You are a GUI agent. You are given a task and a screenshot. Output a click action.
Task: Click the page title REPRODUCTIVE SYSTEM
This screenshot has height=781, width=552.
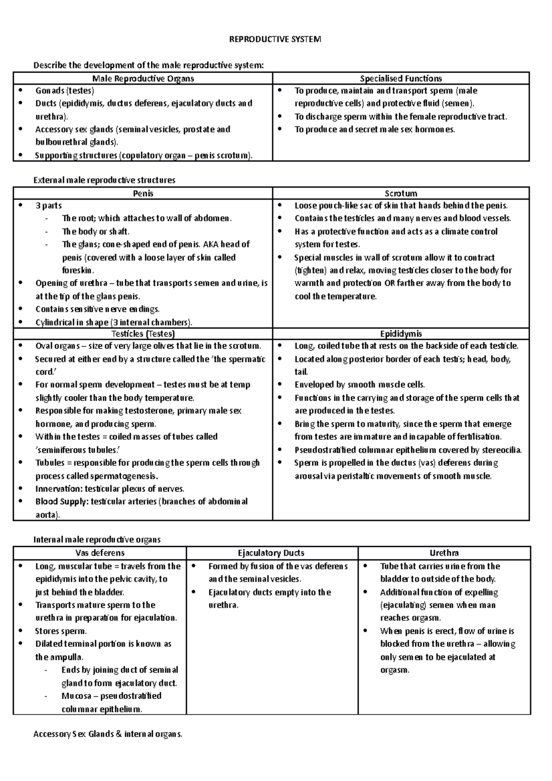coord(275,40)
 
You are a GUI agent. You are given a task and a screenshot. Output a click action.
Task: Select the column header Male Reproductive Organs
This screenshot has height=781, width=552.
coord(143,79)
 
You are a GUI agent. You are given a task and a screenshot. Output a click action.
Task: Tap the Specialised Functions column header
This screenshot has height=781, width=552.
coord(401,79)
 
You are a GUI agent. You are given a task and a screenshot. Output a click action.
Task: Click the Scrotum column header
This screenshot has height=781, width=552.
coord(401,194)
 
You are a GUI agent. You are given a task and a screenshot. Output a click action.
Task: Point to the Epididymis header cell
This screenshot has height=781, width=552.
coord(401,334)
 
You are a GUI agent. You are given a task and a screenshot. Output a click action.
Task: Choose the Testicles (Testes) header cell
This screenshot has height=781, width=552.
coord(143,334)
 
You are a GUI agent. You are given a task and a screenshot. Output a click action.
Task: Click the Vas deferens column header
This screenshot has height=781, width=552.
coord(100,553)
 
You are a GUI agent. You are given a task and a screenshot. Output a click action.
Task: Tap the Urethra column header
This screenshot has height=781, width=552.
coord(444,553)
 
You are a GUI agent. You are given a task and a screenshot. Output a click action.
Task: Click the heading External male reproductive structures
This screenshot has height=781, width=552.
coord(104,180)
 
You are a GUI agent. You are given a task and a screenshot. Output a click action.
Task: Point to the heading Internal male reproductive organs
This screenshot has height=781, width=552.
coord(97,540)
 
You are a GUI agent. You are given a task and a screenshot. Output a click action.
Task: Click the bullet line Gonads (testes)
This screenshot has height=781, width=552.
coord(65,91)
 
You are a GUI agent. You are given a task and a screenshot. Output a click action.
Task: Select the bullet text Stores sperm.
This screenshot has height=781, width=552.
coord(61,631)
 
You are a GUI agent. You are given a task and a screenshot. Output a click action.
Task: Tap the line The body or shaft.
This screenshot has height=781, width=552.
coord(96,231)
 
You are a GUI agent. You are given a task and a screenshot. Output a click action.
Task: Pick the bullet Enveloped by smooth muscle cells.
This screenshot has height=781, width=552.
coord(360,385)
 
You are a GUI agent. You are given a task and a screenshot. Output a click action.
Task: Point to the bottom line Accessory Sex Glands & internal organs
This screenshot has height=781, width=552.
coord(108,734)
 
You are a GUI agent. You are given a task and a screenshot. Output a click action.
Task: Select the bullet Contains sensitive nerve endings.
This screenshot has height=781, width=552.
coord(98,309)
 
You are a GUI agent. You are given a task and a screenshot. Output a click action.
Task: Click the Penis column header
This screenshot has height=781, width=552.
coord(143,194)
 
